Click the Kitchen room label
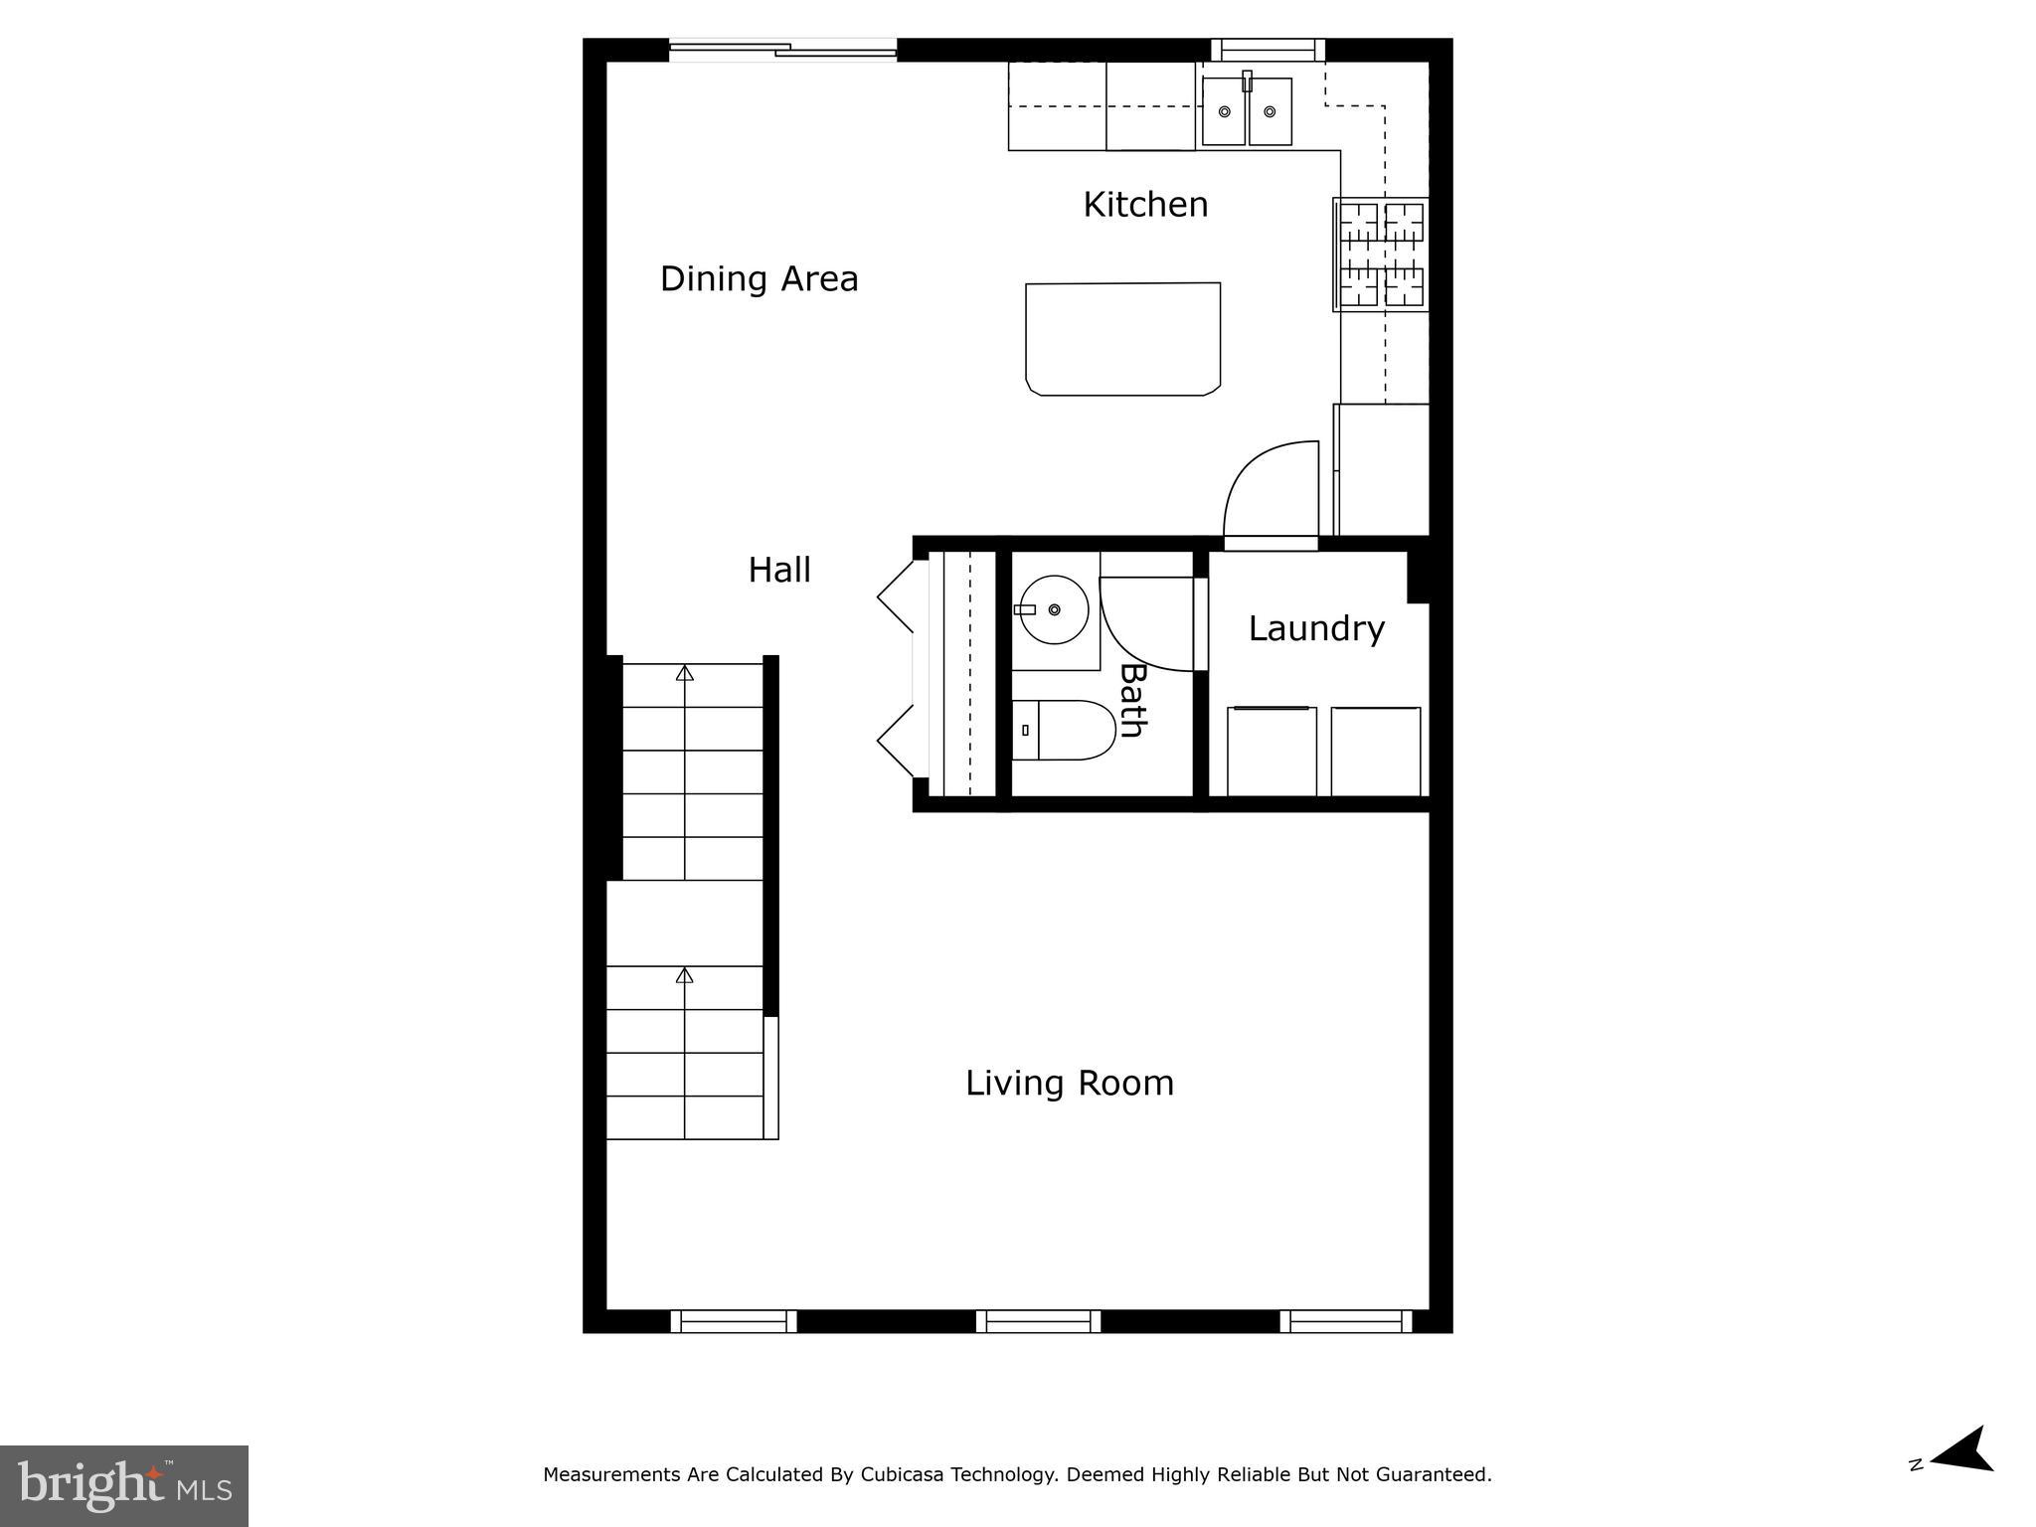click(x=1145, y=205)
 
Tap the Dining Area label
click(x=760, y=279)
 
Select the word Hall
click(x=779, y=570)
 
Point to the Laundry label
click(x=1316, y=629)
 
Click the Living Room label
click(x=1070, y=1084)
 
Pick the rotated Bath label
click(x=1132, y=701)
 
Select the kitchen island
click(x=1123, y=339)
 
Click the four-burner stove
click(x=1381, y=254)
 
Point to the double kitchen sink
click(x=1248, y=111)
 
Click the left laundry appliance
click(x=1272, y=752)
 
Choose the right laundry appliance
click(x=1376, y=752)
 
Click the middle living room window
click(x=1039, y=1321)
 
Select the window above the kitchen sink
click(x=1269, y=50)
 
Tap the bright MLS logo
click(x=124, y=1486)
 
